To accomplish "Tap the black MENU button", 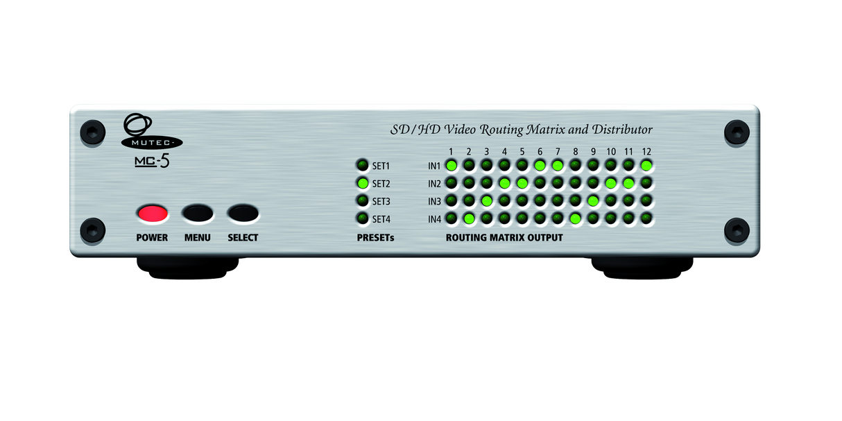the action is pos(198,214).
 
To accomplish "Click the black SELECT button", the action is pos(243,214).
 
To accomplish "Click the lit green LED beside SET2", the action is pos(363,183).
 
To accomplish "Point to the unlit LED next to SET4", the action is pos(363,218).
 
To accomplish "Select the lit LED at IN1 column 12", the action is pos(646,165).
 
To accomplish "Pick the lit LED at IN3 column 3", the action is pos(487,201).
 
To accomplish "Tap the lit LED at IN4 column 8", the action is pos(575,218).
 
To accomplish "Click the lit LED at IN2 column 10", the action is pos(611,183).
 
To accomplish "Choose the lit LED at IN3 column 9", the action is pos(593,201).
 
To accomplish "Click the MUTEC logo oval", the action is pos(152,142).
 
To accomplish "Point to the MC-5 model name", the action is pos(152,161).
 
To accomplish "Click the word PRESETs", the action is pos(375,238).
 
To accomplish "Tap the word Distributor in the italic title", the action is pos(622,130).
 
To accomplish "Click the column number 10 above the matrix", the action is pos(611,151).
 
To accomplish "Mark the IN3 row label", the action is pos(434,201).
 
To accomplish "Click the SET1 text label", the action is pos(381,166).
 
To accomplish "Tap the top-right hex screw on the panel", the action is pos(737,132).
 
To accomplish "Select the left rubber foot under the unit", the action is pos(187,268).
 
